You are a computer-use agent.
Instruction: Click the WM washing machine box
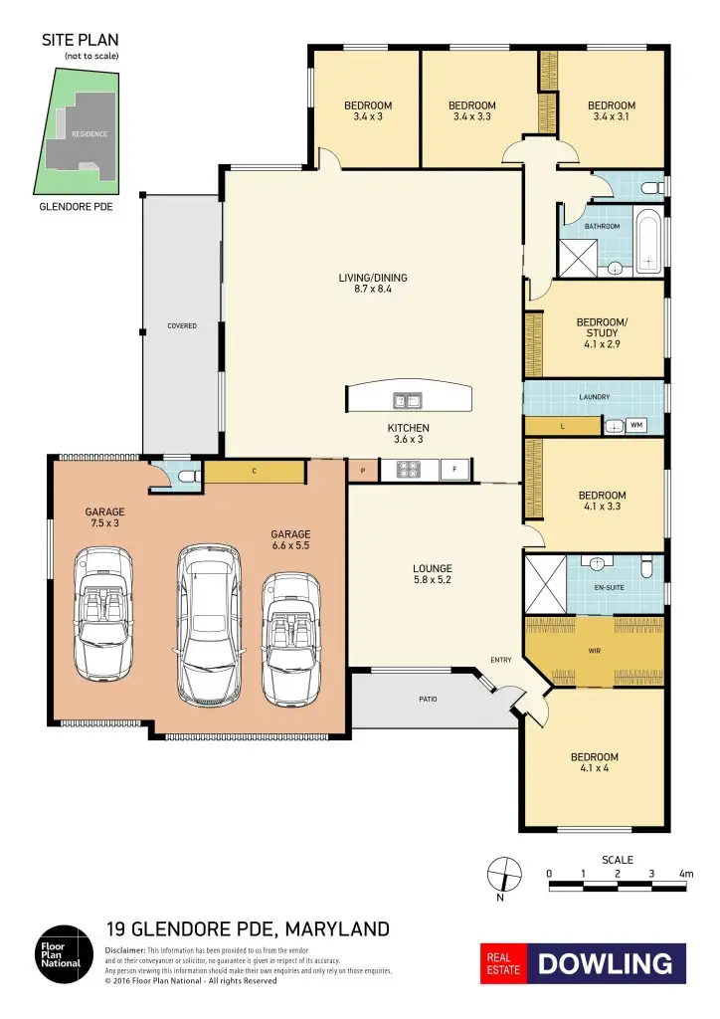[x=636, y=426]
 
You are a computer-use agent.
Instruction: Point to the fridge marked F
[x=455, y=469]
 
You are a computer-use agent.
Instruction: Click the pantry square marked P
[x=363, y=470]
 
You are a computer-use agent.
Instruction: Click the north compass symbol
[x=504, y=873]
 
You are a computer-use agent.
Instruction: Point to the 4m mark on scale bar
[x=685, y=873]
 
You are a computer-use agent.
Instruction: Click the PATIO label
[x=427, y=699]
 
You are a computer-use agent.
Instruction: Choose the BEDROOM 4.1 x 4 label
[x=594, y=763]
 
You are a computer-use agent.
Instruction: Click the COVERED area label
[x=181, y=325]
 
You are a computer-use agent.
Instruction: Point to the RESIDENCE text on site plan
[x=89, y=133]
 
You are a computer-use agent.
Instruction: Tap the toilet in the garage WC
[x=183, y=477]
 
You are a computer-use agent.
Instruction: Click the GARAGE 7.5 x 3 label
[x=104, y=517]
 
